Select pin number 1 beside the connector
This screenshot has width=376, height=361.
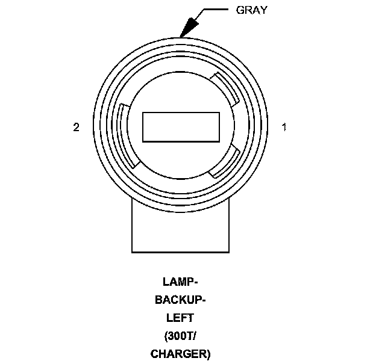[x=284, y=127]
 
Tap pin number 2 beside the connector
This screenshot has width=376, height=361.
[x=76, y=127]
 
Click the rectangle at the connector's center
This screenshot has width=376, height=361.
[x=181, y=126]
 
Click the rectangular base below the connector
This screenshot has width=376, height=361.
[x=181, y=229]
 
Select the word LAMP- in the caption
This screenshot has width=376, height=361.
[x=180, y=282]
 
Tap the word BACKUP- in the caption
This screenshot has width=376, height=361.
[x=180, y=300]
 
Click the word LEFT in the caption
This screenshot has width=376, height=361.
[x=180, y=318]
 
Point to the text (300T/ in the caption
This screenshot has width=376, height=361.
[x=180, y=336]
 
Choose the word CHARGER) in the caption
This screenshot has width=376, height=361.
[x=180, y=353]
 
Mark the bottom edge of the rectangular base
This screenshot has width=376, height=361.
[x=181, y=251]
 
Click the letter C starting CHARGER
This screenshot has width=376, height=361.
[x=154, y=353]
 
